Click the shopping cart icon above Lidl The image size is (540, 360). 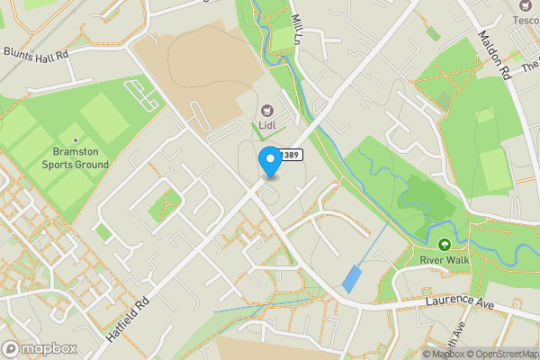(267, 110)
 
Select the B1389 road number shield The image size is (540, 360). (289, 156)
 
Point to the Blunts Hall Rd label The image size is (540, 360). (36, 55)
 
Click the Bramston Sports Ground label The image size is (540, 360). (76, 158)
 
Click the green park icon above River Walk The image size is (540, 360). (444, 244)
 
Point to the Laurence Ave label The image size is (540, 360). (461, 303)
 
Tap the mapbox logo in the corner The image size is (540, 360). (39, 348)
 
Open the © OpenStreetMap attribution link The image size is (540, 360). (501, 354)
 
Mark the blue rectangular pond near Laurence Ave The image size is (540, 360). (351, 279)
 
